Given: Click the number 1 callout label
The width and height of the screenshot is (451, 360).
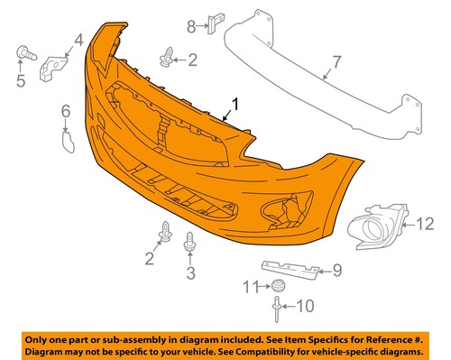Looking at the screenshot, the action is click(x=237, y=105).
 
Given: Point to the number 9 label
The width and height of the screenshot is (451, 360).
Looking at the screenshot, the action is click(x=337, y=269).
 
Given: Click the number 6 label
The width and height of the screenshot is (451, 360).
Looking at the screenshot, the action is click(x=64, y=111).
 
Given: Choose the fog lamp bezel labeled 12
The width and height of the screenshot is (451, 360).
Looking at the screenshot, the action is click(x=378, y=232).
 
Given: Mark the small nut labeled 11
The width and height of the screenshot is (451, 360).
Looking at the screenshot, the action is click(x=280, y=288).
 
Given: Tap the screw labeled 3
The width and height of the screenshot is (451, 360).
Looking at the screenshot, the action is click(x=190, y=242).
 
